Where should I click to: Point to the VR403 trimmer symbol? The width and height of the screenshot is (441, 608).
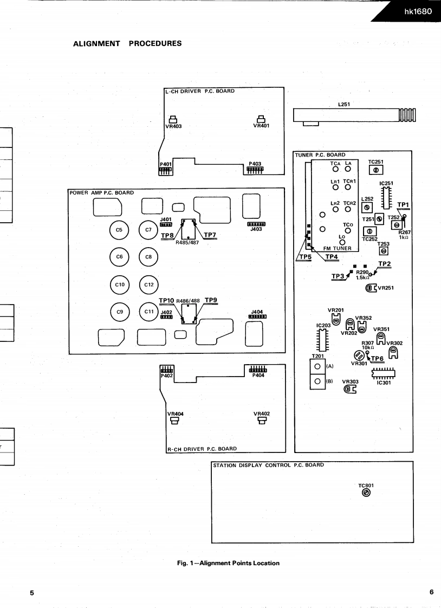pyautogui.click(x=172, y=120)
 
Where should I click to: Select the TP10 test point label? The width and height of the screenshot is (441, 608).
pyautogui.click(x=166, y=300)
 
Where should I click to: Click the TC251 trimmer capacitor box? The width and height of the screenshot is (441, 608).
pyautogui.click(x=376, y=170)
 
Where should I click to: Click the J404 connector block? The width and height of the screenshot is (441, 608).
pyautogui.click(x=257, y=317)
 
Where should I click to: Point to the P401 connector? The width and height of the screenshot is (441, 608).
pyautogui.click(x=165, y=169)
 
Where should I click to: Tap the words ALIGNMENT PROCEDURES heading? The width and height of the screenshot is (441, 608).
pyautogui.click(x=127, y=43)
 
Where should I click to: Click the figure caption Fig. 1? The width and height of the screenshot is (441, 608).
pyautogui.click(x=225, y=563)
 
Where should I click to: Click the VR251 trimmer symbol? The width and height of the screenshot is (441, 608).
pyautogui.click(x=371, y=288)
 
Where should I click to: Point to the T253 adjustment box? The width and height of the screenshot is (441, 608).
pyautogui.click(x=383, y=251)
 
